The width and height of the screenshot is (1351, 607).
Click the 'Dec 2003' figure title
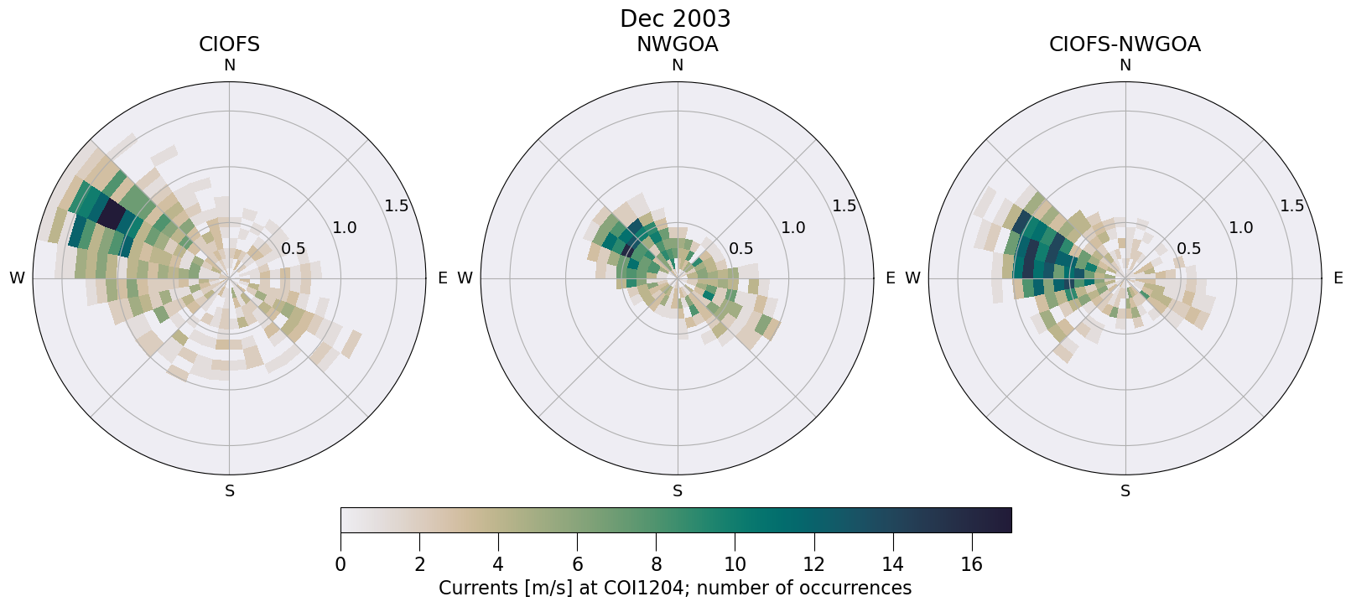pos(675,18)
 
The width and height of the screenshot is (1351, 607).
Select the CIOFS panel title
pos(229,44)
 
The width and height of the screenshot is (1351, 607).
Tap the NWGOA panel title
pos(677,44)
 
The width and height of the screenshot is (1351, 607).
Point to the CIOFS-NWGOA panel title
pos(1125,44)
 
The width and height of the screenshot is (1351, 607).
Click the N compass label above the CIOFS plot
pos(229,65)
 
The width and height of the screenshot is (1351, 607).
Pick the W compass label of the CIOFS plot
pos(17,278)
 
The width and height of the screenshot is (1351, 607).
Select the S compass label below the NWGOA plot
pos(677,491)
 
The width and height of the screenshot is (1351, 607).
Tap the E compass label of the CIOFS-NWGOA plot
pos(1338,278)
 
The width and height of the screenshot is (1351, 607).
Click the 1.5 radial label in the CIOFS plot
pos(396,206)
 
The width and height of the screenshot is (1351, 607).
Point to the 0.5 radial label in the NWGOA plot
pos(740,249)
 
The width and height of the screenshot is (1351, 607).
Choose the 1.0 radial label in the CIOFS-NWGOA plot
pos(1240,227)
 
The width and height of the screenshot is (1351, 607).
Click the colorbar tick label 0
pos(340,565)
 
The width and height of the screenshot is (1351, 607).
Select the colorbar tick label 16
pos(971,565)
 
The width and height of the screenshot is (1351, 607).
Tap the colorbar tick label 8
pos(656,565)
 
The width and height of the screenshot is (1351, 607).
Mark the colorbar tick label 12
pos(813,565)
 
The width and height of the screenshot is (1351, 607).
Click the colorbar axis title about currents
pos(675,588)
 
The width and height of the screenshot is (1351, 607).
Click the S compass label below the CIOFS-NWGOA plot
pos(1125,491)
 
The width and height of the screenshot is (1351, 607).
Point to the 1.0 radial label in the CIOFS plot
pos(344,227)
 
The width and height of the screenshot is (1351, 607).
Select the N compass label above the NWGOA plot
pos(677,65)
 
